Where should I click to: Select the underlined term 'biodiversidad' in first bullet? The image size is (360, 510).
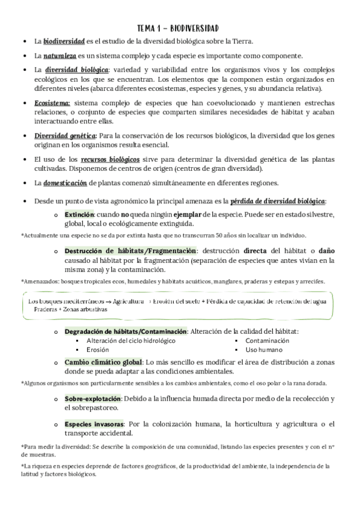click(x=66, y=41)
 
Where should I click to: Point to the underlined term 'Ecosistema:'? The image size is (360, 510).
click(x=52, y=103)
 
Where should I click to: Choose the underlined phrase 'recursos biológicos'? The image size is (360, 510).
click(x=111, y=159)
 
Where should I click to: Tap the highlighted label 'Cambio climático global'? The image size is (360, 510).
click(x=103, y=362)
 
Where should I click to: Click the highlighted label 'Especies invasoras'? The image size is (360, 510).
click(x=94, y=424)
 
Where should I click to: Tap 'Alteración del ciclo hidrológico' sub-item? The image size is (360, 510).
click(x=130, y=340)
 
